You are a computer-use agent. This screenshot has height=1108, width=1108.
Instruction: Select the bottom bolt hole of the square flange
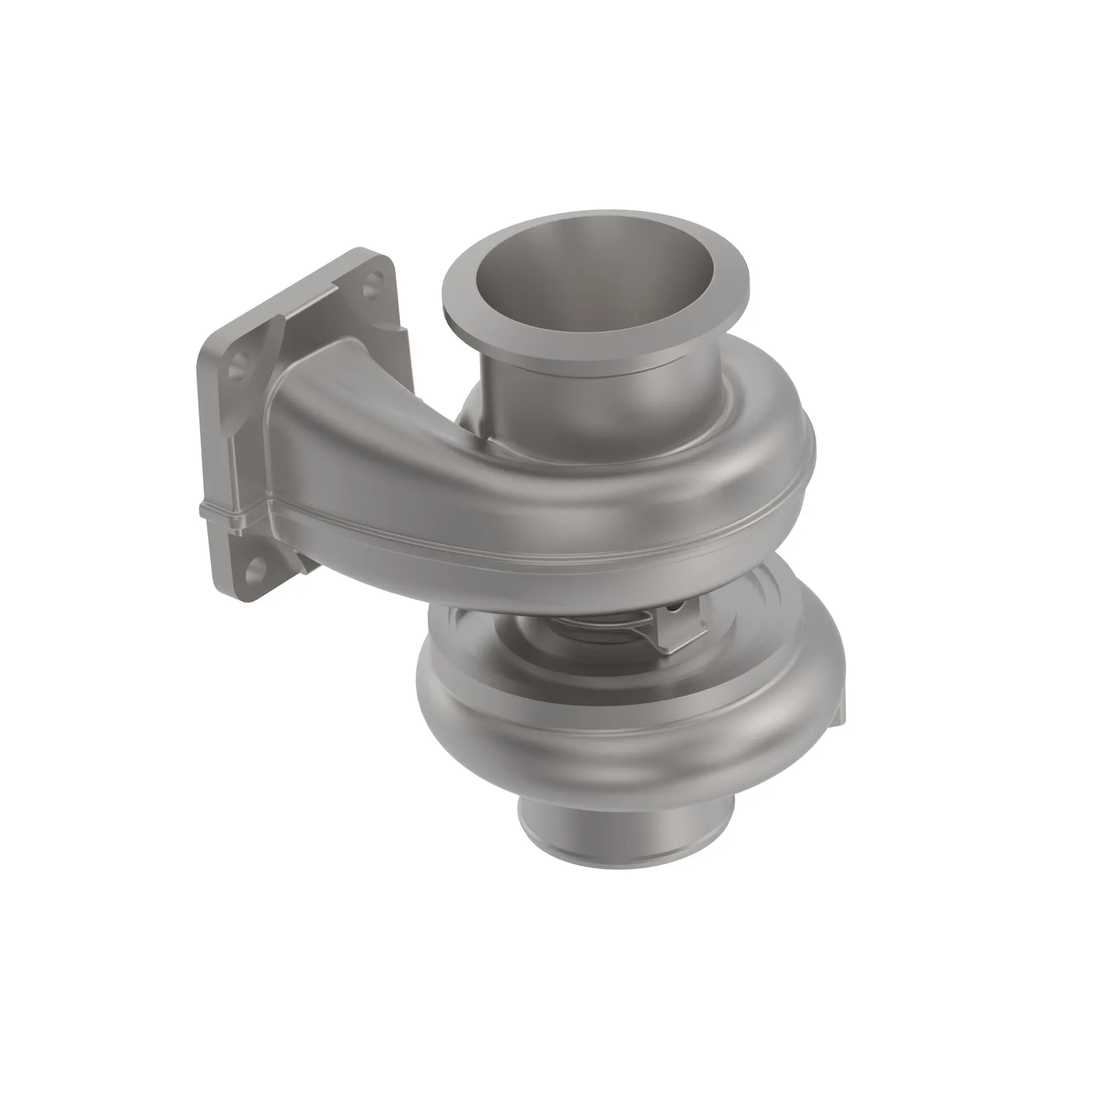pos(254,568)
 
